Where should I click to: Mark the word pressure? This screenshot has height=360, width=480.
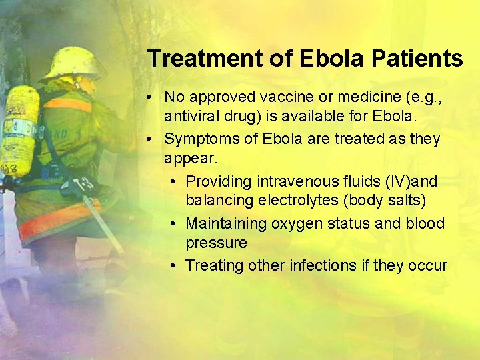point(216,243)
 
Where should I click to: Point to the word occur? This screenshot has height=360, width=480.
point(427,265)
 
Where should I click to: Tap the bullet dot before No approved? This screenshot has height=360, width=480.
point(152,97)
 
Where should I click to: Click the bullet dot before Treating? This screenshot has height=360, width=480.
point(173,265)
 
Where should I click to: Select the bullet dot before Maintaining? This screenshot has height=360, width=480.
point(173,223)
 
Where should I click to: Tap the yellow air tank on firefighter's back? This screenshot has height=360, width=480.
point(19,130)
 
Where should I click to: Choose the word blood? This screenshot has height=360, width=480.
point(425,223)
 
